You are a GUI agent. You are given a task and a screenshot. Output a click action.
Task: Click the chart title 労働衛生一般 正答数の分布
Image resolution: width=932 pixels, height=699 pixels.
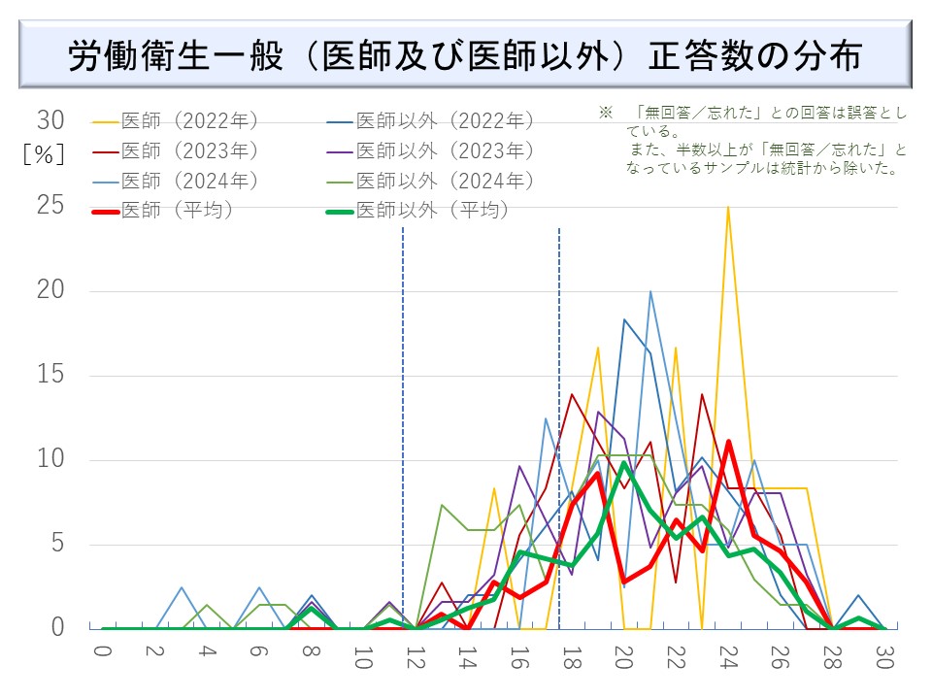[x=465, y=55]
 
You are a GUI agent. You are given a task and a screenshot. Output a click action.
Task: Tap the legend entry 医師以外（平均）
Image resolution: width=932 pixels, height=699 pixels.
[x=432, y=210]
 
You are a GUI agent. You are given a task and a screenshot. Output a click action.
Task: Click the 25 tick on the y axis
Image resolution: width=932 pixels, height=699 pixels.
[x=50, y=206]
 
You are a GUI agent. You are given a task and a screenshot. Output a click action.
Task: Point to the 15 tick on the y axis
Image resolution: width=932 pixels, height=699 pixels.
[x=50, y=375]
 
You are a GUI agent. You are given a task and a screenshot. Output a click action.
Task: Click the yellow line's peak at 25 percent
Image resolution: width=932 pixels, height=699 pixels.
[x=728, y=207]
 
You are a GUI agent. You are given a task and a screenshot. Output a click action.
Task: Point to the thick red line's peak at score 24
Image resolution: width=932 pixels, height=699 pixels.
[x=728, y=442]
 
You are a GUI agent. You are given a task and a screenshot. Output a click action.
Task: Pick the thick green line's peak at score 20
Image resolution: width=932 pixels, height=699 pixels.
[x=624, y=463]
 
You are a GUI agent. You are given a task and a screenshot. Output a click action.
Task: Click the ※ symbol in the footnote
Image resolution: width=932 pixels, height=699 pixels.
[x=606, y=114]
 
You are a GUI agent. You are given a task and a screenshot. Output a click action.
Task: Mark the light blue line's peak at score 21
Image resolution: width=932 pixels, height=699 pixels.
[x=650, y=291]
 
